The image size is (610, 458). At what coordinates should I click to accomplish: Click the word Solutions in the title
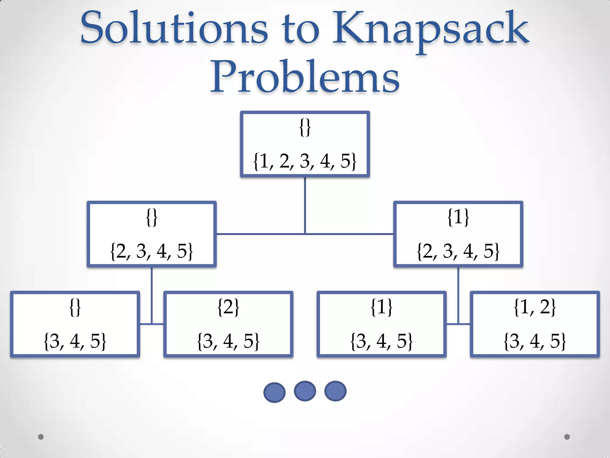click(174, 28)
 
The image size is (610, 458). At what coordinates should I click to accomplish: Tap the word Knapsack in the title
click(430, 30)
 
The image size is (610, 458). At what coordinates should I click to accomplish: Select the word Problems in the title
click(305, 77)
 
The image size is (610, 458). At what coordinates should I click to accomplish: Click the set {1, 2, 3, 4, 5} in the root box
click(305, 161)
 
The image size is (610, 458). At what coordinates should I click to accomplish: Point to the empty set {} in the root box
click(305, 127)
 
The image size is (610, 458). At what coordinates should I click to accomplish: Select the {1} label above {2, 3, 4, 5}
click(458, 217)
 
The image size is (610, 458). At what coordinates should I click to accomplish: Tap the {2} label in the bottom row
click(228, 307)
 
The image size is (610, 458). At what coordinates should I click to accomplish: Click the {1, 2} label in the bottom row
click(535, 307)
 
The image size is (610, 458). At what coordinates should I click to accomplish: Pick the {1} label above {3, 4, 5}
click(382, 307)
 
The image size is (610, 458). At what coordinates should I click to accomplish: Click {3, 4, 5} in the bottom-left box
click(75, 341)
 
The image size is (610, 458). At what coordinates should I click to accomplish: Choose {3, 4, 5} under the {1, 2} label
click(535, 341)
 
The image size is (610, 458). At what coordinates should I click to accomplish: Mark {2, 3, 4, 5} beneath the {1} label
click(458, 251)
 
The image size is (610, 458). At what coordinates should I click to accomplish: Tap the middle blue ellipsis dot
click(305, 391)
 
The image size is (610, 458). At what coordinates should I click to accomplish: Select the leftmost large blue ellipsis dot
click(274, 392)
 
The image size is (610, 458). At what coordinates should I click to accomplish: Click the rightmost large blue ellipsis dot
click(335, 391)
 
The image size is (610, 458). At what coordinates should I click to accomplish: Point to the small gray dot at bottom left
click(41, 437)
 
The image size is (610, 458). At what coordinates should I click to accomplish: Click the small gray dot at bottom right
click(567, 437)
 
